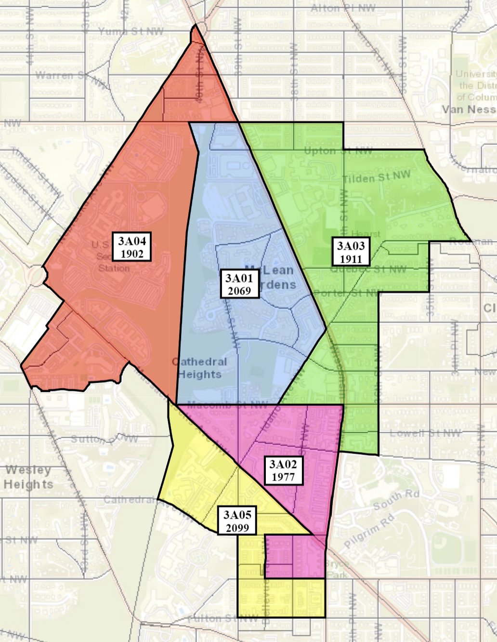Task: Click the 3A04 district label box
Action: pos(132,247)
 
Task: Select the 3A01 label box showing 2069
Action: pos(239,283)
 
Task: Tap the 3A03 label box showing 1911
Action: pos(351,252)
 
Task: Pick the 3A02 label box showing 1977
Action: pos(283,470)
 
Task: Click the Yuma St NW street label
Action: pos(131,31)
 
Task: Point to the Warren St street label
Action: pos(63,76)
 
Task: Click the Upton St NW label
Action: pos(338,151)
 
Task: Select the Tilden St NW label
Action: pos(376,177)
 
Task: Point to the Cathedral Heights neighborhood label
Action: pos(199,368)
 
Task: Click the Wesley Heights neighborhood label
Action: pos(28,477)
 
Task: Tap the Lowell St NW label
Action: pos(425,433)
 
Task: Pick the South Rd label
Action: pos(396,500)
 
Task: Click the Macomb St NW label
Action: pos(227,405)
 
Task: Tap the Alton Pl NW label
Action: pos(343,8)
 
